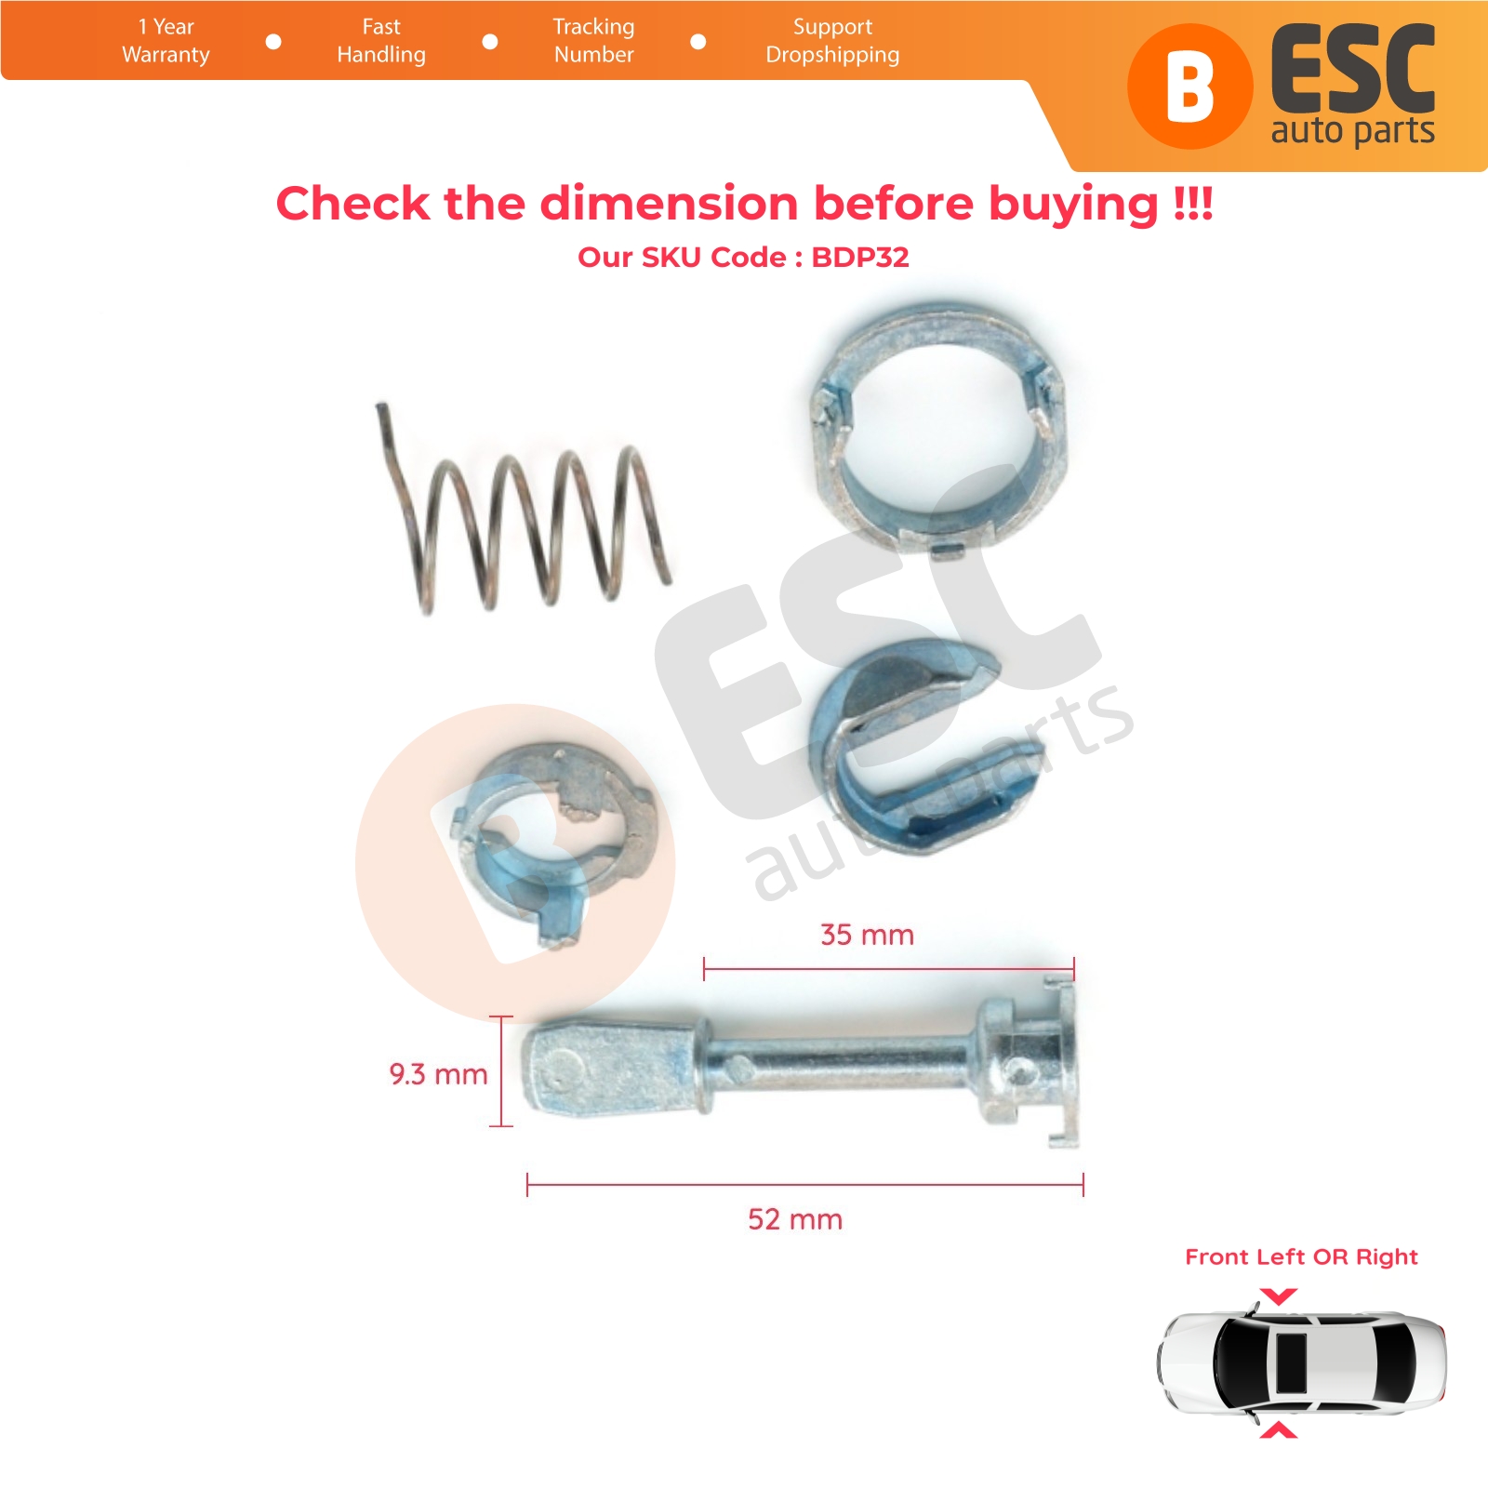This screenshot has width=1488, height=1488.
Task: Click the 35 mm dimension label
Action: point(867,935)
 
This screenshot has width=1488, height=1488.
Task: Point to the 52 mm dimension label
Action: point(795,1219)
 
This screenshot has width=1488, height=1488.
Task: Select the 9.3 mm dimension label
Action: point(438,1074)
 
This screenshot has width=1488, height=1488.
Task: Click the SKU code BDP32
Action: point(860,258)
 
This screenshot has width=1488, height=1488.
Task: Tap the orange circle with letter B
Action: point(1189,86)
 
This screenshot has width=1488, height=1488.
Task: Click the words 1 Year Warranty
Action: point(166,41)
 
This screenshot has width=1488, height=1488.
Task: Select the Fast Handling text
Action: point(381,41)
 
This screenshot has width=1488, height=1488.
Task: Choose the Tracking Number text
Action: point(593,41)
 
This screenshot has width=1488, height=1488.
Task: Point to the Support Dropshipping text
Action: point(832,41)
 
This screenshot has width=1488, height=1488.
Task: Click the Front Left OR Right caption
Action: point(1301,1257)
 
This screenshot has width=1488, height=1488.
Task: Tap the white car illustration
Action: point(1302,1362)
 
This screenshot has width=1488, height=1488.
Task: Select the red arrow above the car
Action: point(1279,1295)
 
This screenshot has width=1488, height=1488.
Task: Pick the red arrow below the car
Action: point(1279,1430)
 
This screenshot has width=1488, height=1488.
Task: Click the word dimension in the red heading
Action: point(669,204)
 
